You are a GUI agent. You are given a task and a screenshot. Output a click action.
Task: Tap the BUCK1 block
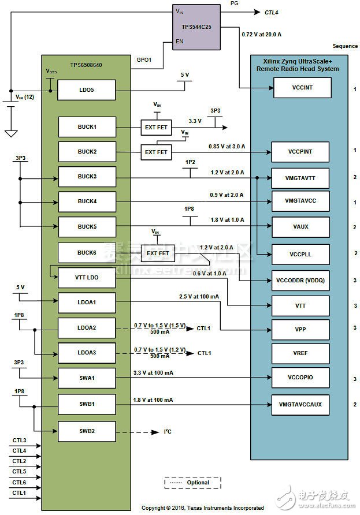(x=87, y=126)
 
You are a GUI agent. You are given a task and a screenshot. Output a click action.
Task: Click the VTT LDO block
(x=87, y=277)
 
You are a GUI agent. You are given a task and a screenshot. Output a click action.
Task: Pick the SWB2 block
(x=87, y=431)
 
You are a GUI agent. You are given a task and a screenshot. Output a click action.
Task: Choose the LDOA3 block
(x=87, y=352)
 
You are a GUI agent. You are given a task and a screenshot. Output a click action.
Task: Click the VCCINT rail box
(x=300, y=88)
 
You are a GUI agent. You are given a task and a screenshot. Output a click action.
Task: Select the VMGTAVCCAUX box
(x=300, y=404)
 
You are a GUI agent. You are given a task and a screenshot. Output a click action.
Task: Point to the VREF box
(x=300, y=352)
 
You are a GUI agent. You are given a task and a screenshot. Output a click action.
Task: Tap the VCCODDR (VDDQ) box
(x=300, y=281)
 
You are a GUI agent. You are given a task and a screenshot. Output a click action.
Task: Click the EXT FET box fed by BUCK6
(x=157, y=253)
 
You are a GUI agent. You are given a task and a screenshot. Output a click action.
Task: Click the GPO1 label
(x=144, y=59)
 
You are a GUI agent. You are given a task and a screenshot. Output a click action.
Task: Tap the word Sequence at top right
(x=345, y=46)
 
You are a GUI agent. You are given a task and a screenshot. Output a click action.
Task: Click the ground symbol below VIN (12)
(x=10, y=133)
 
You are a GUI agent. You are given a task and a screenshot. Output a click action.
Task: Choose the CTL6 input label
(x=19, y=482)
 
